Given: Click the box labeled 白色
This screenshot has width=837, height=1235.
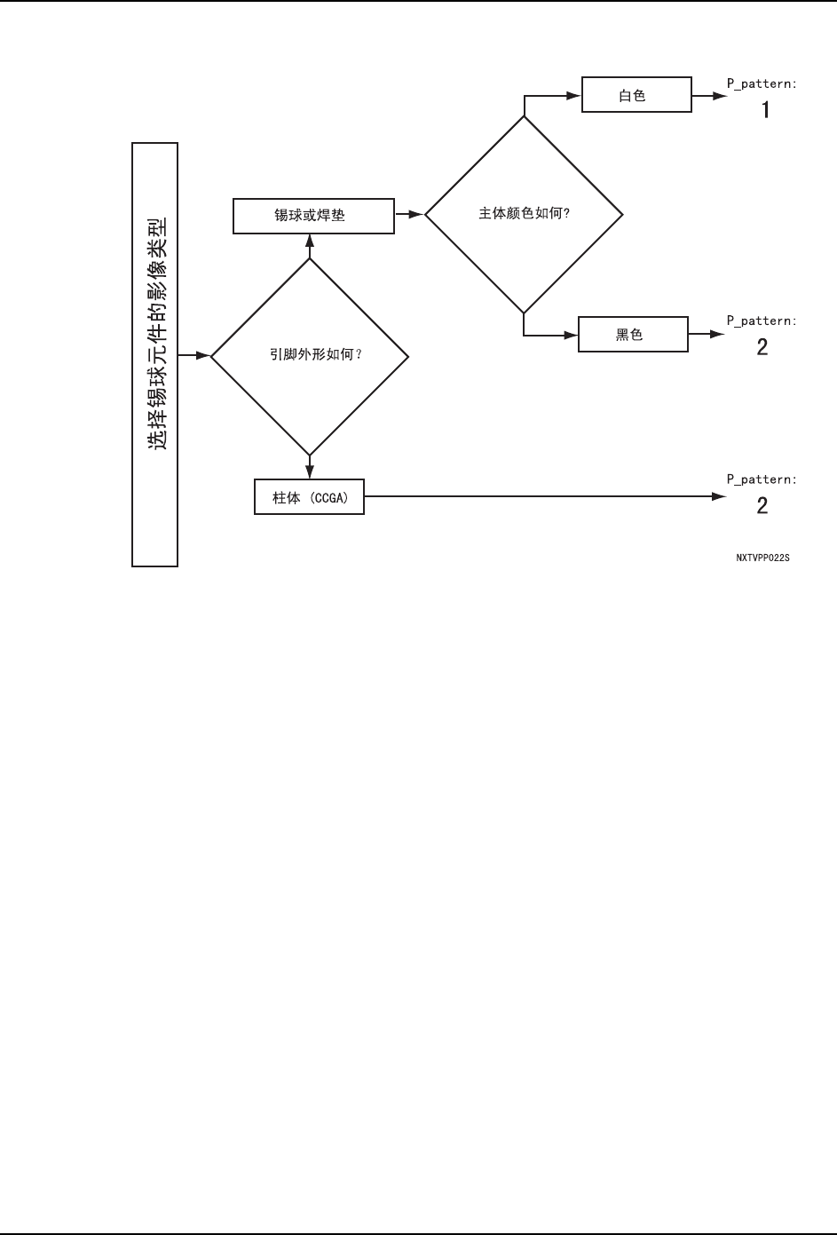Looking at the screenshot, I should pos(636,95).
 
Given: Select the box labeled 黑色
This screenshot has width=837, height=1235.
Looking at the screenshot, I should pos(633,335).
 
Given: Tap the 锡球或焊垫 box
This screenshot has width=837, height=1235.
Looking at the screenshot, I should pos(313,216).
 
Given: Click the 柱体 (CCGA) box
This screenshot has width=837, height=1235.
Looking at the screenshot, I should pos(309,497).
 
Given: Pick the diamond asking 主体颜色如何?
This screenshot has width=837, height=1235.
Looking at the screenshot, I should pos(524,214).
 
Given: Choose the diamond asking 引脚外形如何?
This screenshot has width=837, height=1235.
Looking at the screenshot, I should pos(309,356).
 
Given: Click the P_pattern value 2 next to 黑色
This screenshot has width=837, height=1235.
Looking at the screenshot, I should pos(762,347).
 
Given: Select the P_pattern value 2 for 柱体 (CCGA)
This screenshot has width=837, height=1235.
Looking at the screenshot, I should pos(762,506).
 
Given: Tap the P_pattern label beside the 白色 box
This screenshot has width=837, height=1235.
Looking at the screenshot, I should pos(762,84).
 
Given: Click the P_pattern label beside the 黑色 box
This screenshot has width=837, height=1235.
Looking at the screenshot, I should pos(762,321).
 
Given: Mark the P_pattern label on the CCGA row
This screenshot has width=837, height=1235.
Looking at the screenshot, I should pos(762,479).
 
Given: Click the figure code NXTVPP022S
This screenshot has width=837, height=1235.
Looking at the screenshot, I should pos(762,558).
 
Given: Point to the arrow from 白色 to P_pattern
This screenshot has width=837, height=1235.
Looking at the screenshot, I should pos(708,95).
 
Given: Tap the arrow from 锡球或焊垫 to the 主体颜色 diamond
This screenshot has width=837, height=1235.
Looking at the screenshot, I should pos(409,214).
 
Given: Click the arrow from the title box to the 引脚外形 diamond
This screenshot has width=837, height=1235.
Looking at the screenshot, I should pos(194,356).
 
